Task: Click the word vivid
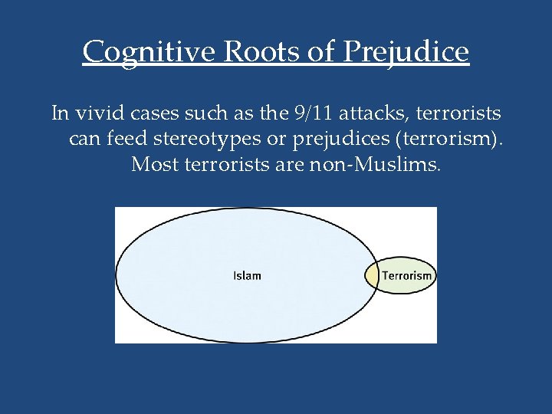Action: coord(96,114)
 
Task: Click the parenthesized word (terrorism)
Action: coord(446,140)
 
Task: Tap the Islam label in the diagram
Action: coord(247,276)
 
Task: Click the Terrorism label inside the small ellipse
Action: coord(408,276)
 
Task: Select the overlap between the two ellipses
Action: coord(371,276)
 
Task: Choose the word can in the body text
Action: coord(82,140)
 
